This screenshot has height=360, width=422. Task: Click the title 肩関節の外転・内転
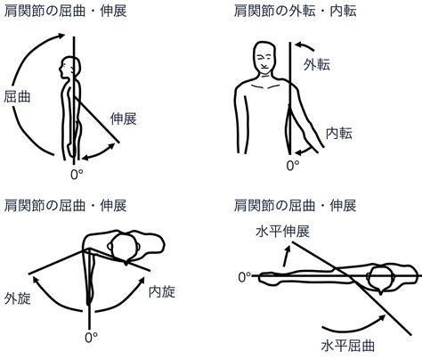(x=296, y=11)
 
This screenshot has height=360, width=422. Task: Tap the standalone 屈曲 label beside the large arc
(x=17, y=96)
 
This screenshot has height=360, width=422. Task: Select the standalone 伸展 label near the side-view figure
(x=124, y=119)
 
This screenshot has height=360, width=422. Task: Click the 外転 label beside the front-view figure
(x=317, y=64)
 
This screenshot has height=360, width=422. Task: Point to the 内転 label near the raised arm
(x=339, y=134)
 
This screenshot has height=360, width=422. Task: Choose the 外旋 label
(x=18, y=299)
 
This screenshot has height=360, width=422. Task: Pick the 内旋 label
(x=162, y=292)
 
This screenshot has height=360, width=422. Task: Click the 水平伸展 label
(x=283, y=232)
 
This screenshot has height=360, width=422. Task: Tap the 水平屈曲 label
(x=348, y=346)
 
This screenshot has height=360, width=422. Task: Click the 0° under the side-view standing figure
(x=77, y=175)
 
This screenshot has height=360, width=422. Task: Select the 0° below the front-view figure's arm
(x=293, y=166)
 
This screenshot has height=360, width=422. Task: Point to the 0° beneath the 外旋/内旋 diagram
(x=91, y=338)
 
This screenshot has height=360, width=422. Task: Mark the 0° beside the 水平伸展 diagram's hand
(x=245, y=277)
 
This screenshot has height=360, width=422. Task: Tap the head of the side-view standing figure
(x=70, y=68)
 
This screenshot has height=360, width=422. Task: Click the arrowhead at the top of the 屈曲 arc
(x=61, y=36)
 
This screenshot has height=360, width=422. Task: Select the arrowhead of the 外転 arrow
(x=299, y=45)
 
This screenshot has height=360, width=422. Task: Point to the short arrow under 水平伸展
(x=286, y=256)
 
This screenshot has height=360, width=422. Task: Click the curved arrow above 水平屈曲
(x=354, y=325)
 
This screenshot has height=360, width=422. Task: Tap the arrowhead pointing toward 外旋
(x=36, y=280)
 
